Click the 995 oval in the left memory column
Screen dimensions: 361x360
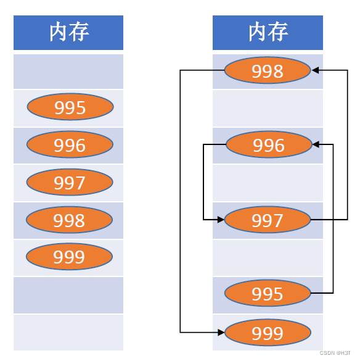click(70, 108)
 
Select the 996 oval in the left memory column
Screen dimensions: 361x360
click(70, 145)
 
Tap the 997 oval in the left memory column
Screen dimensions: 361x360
click(70, 183)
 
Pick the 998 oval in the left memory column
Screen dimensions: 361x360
click(70, 220)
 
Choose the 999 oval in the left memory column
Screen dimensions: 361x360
click(70, 257)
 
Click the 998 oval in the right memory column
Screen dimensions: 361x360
click(268, 71)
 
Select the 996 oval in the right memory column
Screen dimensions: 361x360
click(269, 145)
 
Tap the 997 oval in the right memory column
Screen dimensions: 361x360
click(268, 220)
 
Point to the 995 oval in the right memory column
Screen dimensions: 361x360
click(268, 294)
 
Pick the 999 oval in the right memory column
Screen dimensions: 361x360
click(268, 333)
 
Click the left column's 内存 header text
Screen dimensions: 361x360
click(68, 32)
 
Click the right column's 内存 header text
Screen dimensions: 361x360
click(268, 32)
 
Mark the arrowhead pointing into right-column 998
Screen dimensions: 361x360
click(316, 71)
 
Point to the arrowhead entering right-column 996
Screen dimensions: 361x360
click(316, 145)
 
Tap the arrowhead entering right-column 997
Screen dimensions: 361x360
click(219, 220)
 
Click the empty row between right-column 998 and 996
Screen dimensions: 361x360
click(268, 108)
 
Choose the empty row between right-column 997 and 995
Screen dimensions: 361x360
click(268, 257)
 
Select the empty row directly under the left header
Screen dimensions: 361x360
click(68, 71)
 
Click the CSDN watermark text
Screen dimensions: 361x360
click(335, 353)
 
